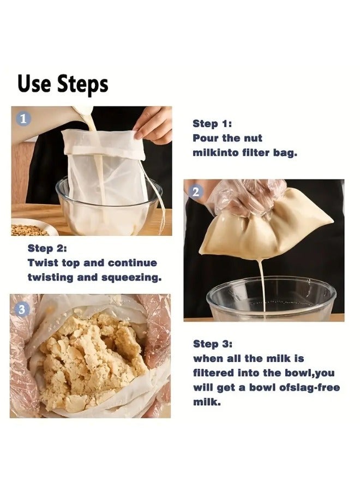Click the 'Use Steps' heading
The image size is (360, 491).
(63, 84)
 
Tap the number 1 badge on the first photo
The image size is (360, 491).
(23, 119)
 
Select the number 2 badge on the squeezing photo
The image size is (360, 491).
(196, 191)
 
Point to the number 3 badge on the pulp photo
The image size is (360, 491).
(22, 309)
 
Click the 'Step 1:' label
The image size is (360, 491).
(212, 124)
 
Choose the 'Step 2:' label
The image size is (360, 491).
(47, 248)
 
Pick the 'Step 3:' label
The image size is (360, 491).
(213, 344)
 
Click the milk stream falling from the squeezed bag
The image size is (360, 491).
(262, 285)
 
